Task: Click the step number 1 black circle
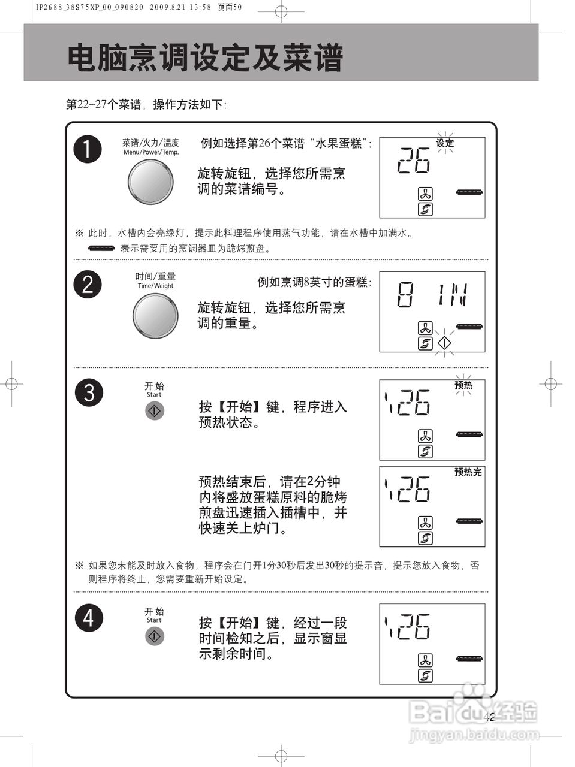click(x=88, y=149)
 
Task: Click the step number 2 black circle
click(x=88, y=283)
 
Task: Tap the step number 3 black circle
click(x=89, y=393)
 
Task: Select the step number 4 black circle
click(x=88, y=618)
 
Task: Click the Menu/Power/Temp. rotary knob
click(x=150, y=181)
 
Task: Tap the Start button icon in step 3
click(x=155, y=410)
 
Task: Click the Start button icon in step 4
click(x=155, y=636)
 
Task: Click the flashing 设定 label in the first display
click(x=445, y=143)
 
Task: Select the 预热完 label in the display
click(x=468, y=472)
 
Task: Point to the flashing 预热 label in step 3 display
click(x=463, y=385)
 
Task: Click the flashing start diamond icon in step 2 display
click(x=444, y=343)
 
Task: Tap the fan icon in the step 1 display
click(x=425, y=194)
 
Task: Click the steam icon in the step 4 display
click(x=425, y=676)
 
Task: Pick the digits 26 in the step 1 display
click(x=414, y=160)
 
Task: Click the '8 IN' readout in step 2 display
click(x=432, y=295)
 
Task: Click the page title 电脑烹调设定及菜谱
click(x=205, y=59)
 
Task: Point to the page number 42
click(x=489, y=717)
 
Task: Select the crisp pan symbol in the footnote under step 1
click(x=101, y=248)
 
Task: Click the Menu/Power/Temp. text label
click(x=151, y=152)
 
